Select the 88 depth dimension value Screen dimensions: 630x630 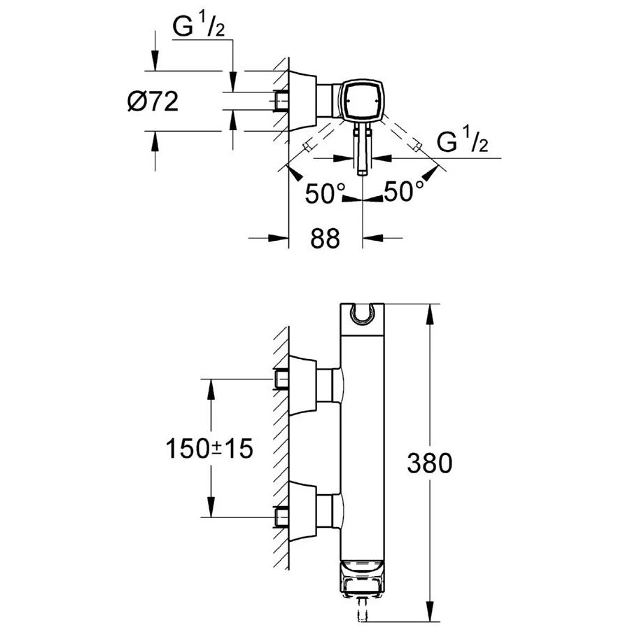click(x=325, y=239)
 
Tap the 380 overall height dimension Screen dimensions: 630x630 click(x=429, y=463)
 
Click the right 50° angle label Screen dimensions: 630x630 click(x=405, y=192)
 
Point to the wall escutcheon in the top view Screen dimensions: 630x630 click(x=302, y=101)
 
